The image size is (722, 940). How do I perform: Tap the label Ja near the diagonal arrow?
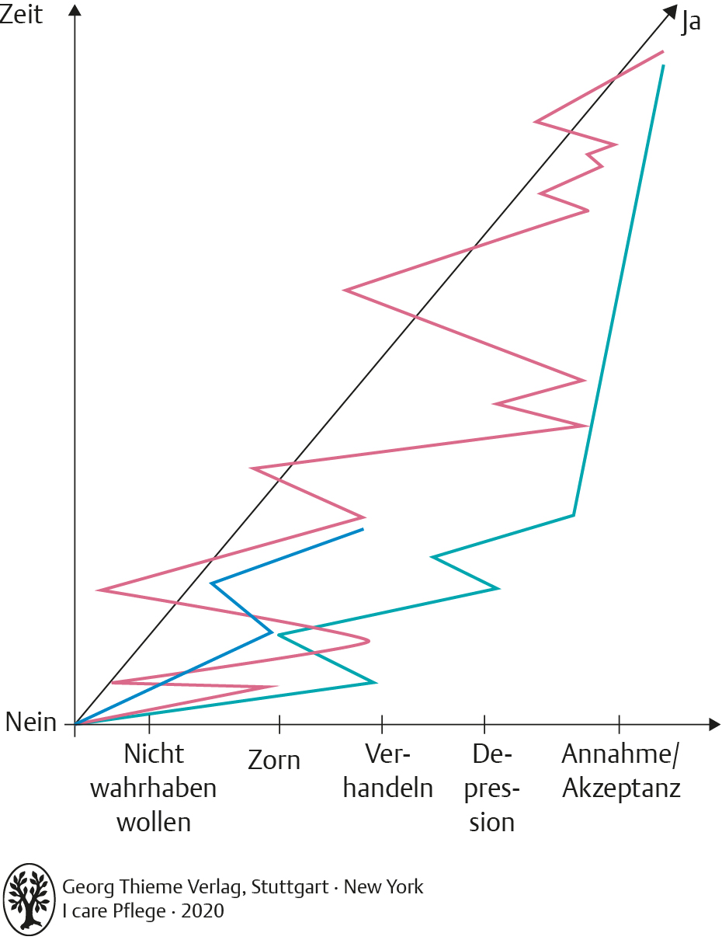coord(690,22)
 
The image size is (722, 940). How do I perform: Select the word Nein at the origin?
coord(31,722)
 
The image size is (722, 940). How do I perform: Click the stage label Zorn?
coord(274,760)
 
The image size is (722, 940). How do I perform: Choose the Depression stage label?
coord(492,788)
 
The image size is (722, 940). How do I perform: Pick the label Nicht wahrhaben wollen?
coord(154,788)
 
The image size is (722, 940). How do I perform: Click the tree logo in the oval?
coord(30,896)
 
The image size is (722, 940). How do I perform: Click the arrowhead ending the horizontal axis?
coord(713,724)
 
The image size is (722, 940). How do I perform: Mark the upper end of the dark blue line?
coord(363,530)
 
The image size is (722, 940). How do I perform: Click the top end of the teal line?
coord(663,66)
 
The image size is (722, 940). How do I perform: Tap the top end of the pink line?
coord(663,52)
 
